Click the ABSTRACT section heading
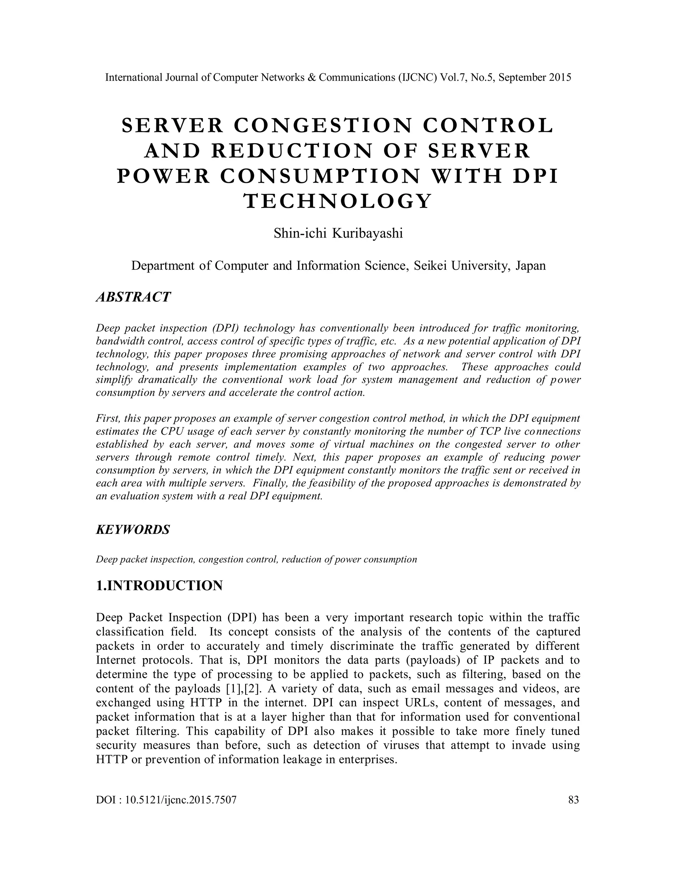[x=133, y=297]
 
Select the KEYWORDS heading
[x=133, y=530]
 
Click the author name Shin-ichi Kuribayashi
[x=338, y=233]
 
